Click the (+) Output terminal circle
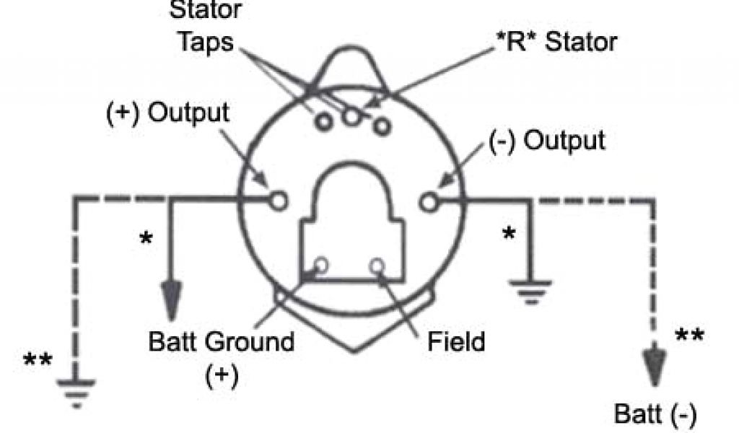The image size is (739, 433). tap(279, 200)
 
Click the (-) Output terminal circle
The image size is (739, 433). tap(429, 201)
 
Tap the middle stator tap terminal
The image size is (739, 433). tap(352, 115)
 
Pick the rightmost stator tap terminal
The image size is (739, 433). tap(382, 126)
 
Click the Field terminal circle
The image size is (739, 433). tap(377, 266)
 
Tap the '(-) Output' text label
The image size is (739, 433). tap(546, 140)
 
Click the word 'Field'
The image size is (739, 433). tap(456, 341)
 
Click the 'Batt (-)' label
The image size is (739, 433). tap(655, 415)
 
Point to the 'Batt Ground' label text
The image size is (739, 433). tap(222, 341)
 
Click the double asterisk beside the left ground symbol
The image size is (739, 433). tap(38, 360)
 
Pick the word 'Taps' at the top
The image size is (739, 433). tap(206, 41)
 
